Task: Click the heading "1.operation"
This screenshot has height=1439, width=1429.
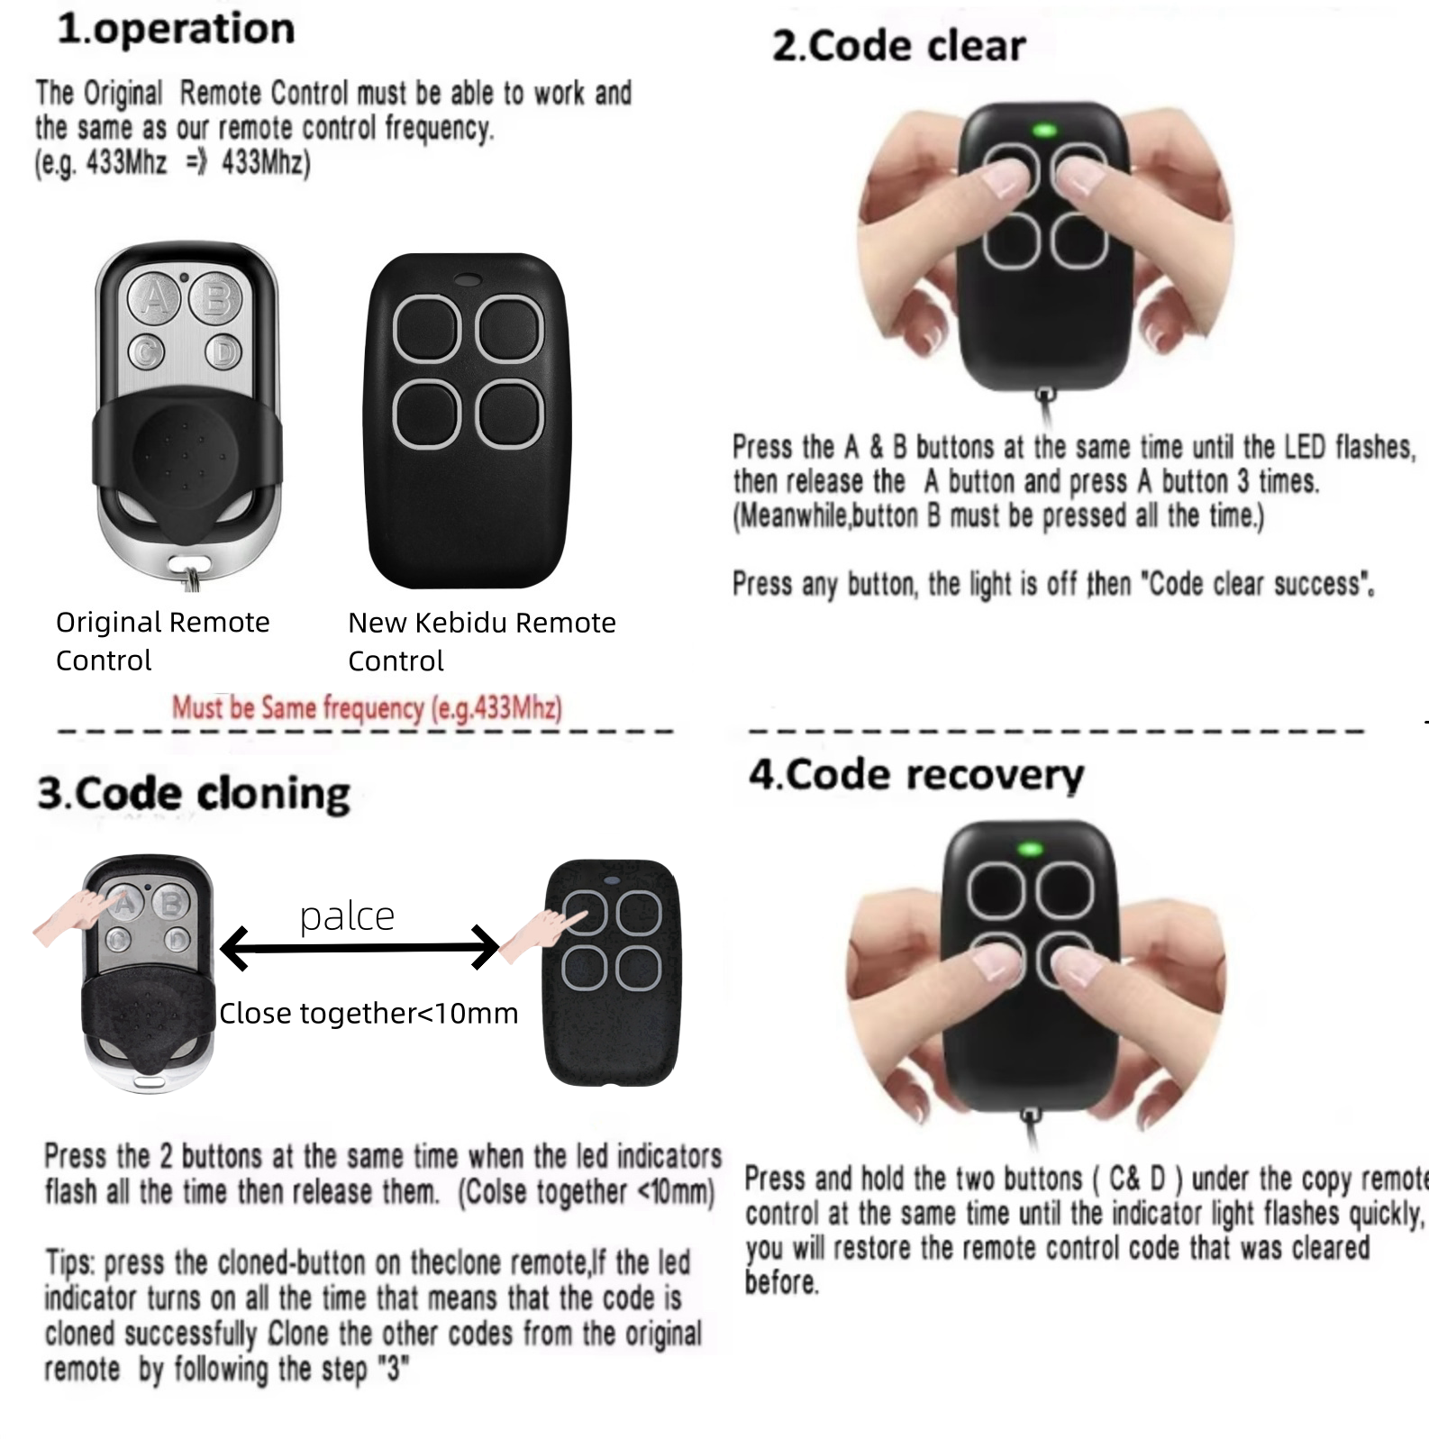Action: pyautogui.click(x=176, y=29)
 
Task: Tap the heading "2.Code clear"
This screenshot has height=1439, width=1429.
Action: pyautogui.click(x=898, y=46)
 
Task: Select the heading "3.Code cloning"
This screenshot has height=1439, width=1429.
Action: pyautogui.click(x=193, y=794)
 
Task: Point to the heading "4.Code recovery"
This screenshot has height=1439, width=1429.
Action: pyautogui.click(x=915, y=775)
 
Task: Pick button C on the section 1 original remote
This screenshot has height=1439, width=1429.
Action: pyautogui.click(x=148, y=351)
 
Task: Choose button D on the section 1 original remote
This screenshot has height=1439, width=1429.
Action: pyautogui.click(x=223, y=351)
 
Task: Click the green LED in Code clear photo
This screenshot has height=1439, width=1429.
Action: pyautogui.click(x=1045, y=130)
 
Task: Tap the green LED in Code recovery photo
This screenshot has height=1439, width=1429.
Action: pyautogui.click(x=1030, y=848)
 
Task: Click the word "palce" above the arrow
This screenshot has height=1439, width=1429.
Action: pyautogui.click(x=347, y=916)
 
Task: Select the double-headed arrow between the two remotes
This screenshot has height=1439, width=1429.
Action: pyautogui.click(x=360, y=947)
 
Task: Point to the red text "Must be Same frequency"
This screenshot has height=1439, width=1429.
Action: pyautogui.click(x=367, y=707)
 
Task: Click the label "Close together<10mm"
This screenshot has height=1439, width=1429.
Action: pyautogui.click(x=369, y=1013)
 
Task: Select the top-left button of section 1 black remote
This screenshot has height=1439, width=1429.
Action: pyautogui.click(x=427, y=329)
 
